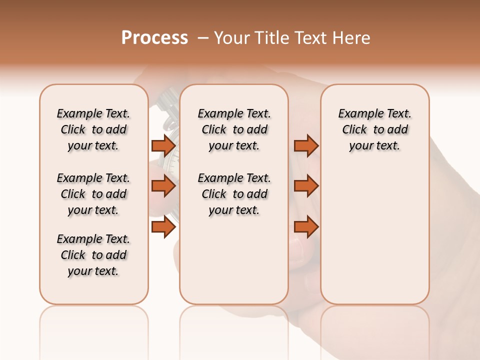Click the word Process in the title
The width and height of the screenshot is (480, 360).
tap(154, 38)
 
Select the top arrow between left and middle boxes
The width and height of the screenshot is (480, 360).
tap(163, 145)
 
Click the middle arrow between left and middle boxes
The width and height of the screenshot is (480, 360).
tap(163, 186)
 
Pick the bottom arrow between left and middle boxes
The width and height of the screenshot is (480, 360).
tap(163, 227)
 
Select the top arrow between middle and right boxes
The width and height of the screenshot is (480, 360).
tap(306, 145)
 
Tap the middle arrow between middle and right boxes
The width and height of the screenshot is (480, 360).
tap(306, 186)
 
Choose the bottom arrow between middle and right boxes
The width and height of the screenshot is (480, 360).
tap(306, 227)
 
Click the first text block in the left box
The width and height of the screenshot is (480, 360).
tap(93, 129)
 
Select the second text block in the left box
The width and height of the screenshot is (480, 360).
tap(93, 194)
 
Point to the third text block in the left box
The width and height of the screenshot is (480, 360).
tap(93, 255)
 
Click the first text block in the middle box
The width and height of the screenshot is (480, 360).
tap(234, 129)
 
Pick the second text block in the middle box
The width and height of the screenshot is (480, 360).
tap(234, 194)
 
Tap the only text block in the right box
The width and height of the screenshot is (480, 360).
tap(374, 129)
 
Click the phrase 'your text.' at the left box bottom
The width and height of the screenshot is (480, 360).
tap(93, 271)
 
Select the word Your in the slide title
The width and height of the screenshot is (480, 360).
tap(232, 38)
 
